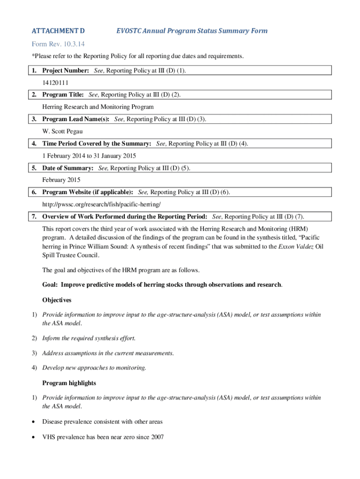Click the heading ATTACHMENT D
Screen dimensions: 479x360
[58, 31]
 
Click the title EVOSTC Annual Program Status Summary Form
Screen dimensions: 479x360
[192, 31]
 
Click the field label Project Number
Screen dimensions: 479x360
[65, 70]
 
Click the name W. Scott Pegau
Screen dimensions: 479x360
[63, 131]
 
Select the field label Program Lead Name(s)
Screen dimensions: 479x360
[76, 119]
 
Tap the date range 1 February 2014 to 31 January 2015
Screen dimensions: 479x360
[89, 155]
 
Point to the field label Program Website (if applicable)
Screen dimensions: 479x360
[87, 192]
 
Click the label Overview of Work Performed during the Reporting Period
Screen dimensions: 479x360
[125, 217]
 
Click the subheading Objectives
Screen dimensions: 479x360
[57, 299]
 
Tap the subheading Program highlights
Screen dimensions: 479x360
[69, 383]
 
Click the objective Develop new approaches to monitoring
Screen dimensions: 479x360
[94, 368]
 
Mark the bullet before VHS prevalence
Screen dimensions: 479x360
[34, 437]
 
